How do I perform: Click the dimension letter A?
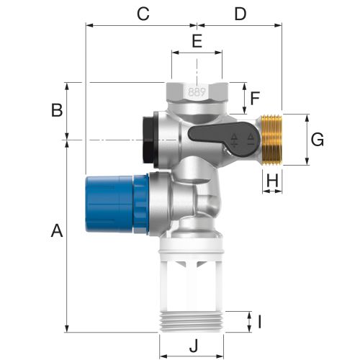57,230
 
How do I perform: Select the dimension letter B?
57,110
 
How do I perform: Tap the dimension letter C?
143,14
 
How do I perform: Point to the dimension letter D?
240,14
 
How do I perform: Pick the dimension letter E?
197,41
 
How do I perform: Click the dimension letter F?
255,99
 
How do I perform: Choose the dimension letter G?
318,140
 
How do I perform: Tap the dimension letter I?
259,322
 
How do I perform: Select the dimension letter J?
194,346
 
